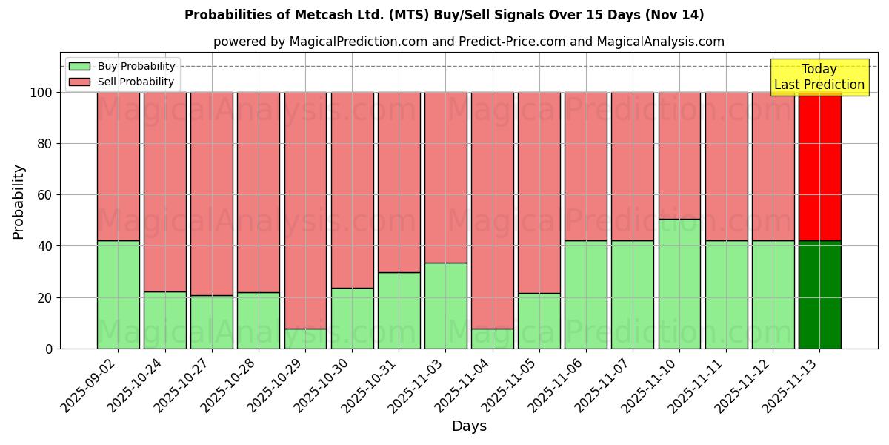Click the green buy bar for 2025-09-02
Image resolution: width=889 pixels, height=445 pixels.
[x=118, y=294]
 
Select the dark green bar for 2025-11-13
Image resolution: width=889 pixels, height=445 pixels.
[x=819, y=294]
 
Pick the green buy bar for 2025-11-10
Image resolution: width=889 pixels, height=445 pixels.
[x=679, y=283]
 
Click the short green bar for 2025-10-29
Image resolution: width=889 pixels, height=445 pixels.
[x=305, y=338]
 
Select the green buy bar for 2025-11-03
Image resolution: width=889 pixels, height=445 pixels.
[x=445, y=306]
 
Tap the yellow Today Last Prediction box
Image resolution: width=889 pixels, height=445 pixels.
[x=819, y=77]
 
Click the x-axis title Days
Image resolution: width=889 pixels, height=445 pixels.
[x=469, y=426]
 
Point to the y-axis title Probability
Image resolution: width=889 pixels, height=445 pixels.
[x=19, y=201]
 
